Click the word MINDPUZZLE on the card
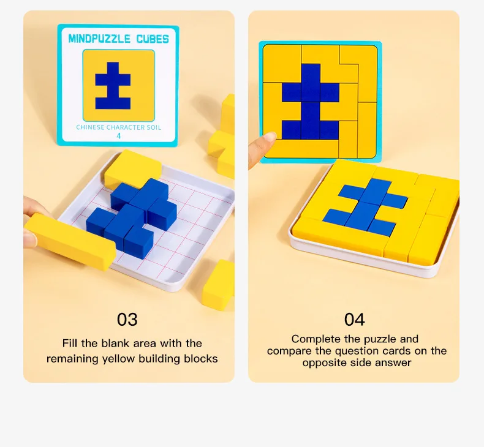[x=99, y=39]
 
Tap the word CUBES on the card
[x=153, y=39]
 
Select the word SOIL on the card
[x=154, y=127]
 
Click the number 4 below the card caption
[x=119, y=136]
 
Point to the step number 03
[x=127, y=319]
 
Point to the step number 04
[x=354, y=319]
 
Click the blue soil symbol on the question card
[x=113, y=86]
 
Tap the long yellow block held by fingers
[x=70, y=241]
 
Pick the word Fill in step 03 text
[x=70, y=343]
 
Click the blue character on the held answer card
[x=311, y=102]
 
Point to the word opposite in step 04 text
[x=327, y=362]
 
